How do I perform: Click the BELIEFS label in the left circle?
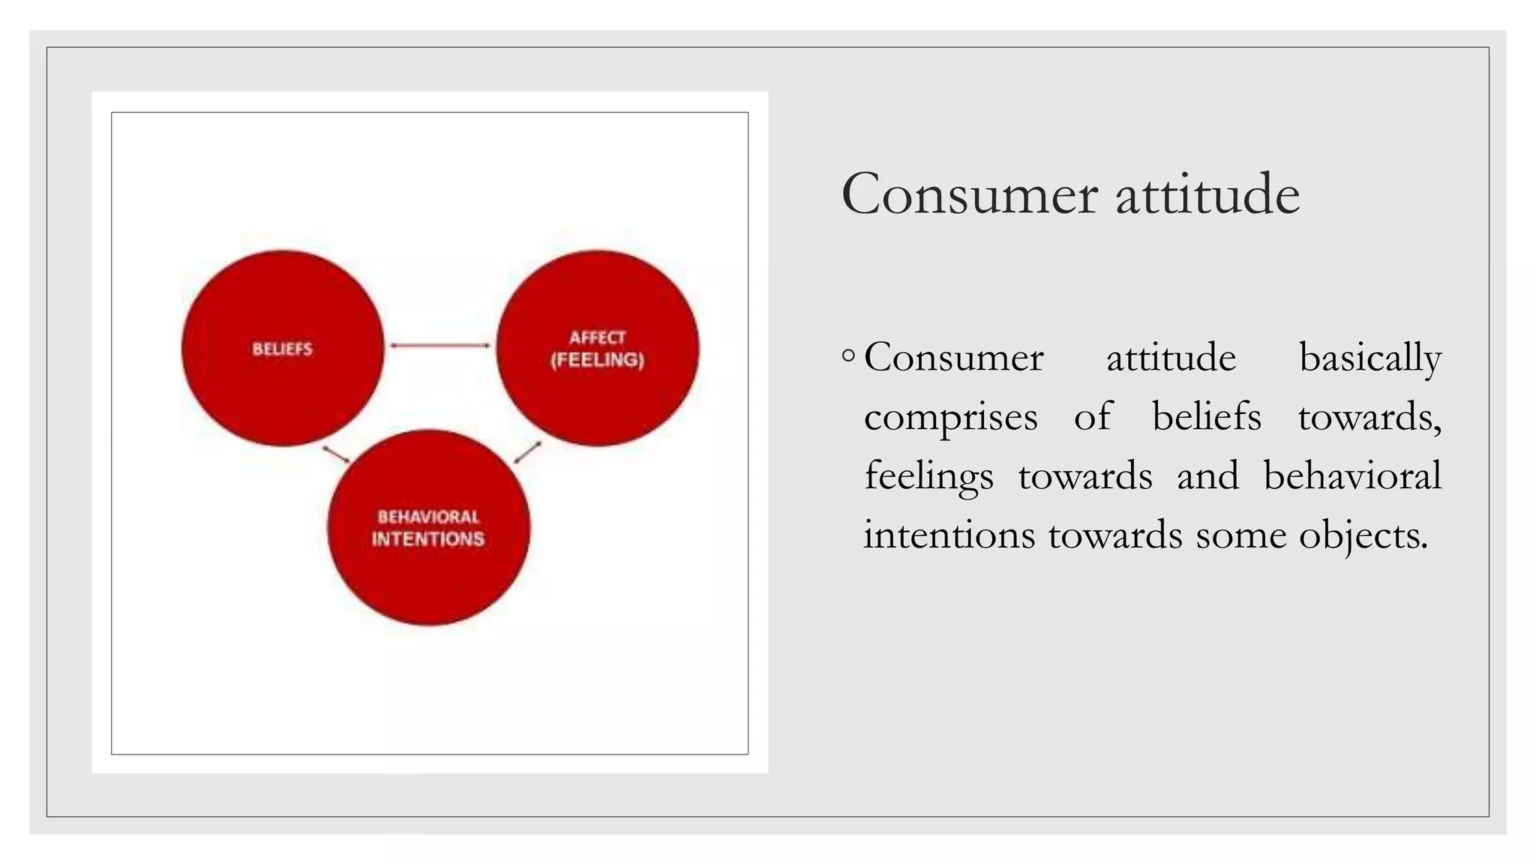pos(282,349)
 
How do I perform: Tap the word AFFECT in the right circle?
pos(597,337)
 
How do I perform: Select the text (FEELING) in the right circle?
pos(597,360)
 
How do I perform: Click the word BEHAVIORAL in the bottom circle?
pos(428,517)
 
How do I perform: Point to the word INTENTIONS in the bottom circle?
pos(428,538)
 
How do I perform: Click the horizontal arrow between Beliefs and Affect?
pos(439,346)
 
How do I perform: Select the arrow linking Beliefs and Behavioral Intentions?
pos(336,454)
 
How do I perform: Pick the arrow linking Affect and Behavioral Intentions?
pos(528,451)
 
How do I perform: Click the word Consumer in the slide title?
pos(969,194)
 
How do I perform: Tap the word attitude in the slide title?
pos(1207,194)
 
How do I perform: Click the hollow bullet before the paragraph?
pos(848,355)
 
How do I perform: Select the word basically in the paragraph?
pos(1369,358)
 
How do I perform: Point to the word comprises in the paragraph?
pos(950,418)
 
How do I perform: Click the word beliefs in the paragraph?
pos(1206,416)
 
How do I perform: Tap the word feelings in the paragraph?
pos(928,477)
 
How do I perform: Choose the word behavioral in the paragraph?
pos(1351,475)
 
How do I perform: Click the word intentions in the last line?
pos(949,535)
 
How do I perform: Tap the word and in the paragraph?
pos(1207,475)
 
